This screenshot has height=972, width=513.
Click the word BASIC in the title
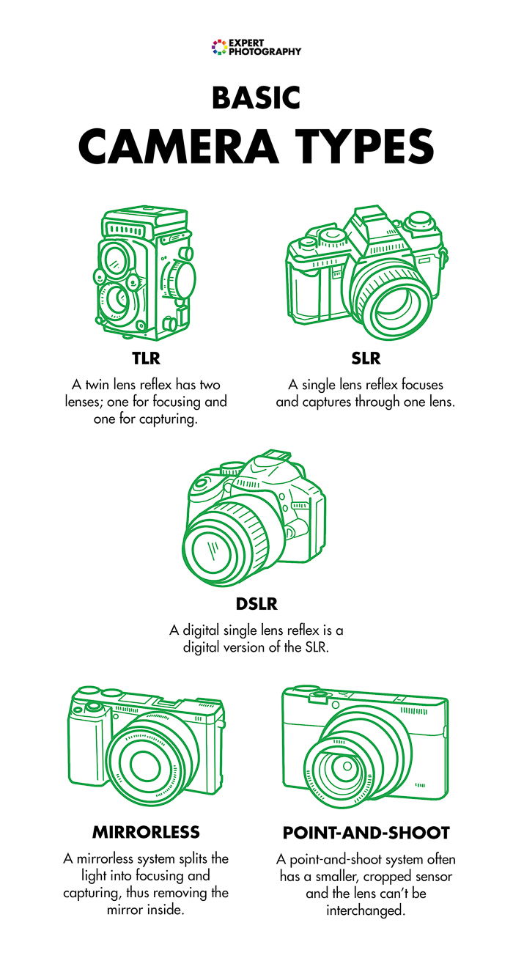coord(256,97)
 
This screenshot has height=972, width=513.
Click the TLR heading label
coord(146,358)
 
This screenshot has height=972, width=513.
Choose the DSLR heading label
coord(256,605)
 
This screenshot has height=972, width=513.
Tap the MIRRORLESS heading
coord(146,832)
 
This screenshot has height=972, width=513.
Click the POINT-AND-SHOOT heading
coord(366,833)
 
